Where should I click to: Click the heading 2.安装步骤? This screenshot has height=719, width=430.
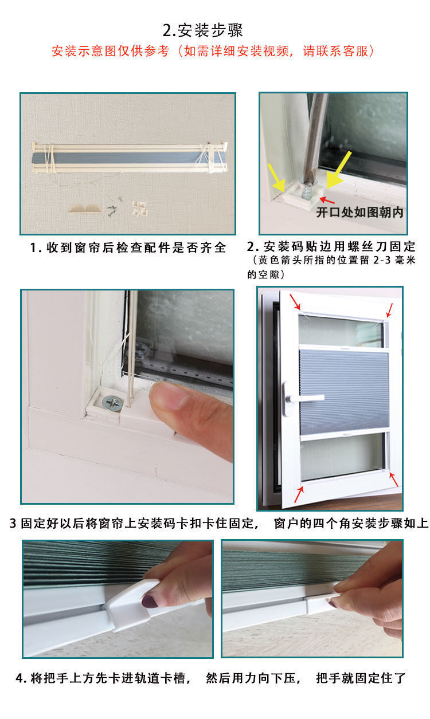click(215, 30)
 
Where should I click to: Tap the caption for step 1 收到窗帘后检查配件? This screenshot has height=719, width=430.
click(128, 248)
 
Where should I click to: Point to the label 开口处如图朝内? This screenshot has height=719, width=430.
click(359, 212)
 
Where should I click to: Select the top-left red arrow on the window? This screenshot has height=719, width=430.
click(295, 303)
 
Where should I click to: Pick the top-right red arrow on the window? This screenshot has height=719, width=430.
click(390, 310)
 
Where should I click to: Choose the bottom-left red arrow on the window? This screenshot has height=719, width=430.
click(299, 494)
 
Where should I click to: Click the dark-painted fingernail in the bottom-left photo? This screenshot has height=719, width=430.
click(150, 602)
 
